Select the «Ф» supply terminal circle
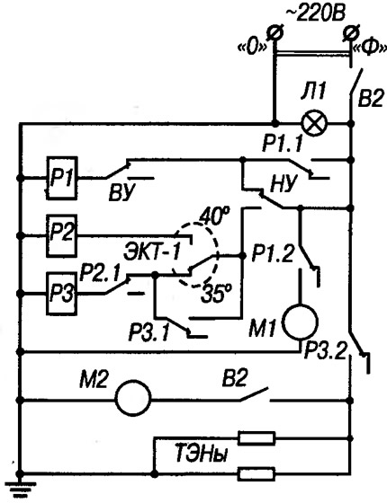point(350,33)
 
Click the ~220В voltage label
point(315,15)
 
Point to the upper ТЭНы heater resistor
point(256,438)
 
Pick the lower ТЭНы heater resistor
point(256,473)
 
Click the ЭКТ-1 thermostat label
point(152,252)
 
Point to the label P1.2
point(273,253)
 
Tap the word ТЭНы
point(200,454)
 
